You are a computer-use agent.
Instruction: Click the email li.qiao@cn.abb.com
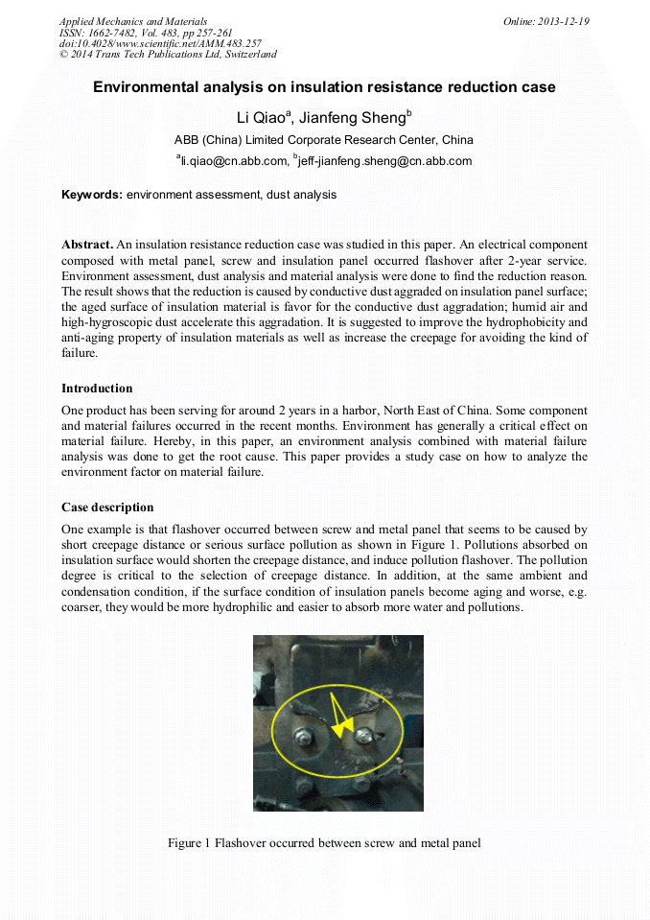[x=234, y=161]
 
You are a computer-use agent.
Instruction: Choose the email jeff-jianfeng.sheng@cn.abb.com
[x=385, y=161]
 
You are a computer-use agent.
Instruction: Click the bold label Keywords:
[x=91, y=194]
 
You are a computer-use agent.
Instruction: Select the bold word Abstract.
[x=87, y=246]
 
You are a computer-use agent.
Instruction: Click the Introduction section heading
[x=97, y=389]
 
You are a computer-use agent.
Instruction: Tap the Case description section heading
[x=107, y=507]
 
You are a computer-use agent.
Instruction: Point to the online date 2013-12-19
[x=564, y=21]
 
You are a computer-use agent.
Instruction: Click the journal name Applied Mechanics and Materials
[x=132, y=21]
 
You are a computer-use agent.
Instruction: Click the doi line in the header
[x=160, y=43]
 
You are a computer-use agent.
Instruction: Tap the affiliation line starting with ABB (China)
[x=323, y=140]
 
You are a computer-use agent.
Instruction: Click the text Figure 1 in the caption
[x=189, y=843]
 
